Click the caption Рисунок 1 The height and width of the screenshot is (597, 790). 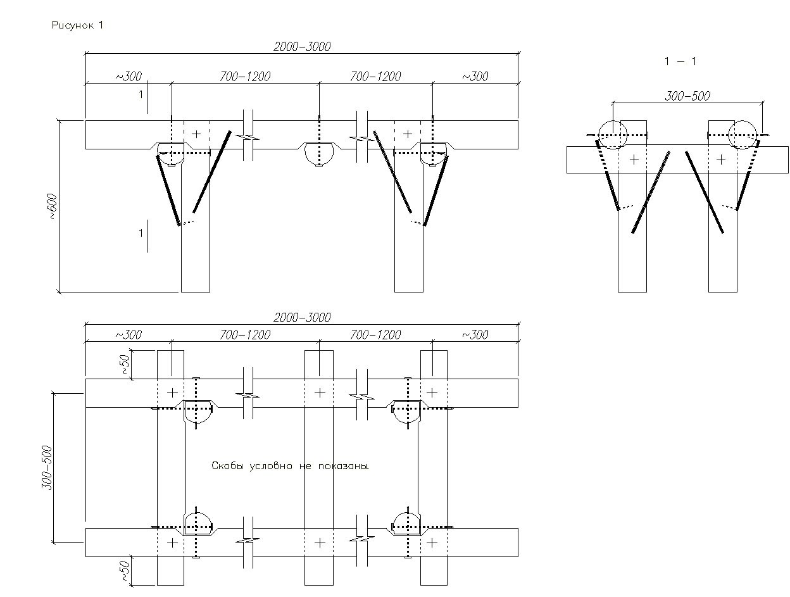point(77,25)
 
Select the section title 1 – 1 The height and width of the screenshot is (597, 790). point(680,61)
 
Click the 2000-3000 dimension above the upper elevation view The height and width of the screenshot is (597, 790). point(302,46)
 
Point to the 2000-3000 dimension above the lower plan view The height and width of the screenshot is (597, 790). point(302,317)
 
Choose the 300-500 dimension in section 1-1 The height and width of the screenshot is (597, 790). point(687,96)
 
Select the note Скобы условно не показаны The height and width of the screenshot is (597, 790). point(289,466)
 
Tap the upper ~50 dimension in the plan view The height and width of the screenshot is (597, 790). point(125,365)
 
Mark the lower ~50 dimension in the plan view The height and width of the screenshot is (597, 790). point(125,570)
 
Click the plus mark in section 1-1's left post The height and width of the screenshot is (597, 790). point(634,160)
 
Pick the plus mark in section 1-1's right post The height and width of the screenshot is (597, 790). point(720,160)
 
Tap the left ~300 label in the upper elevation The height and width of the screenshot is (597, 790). point(128,77)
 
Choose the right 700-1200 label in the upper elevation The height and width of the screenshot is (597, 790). point(375,77)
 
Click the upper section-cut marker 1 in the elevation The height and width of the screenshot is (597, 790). point(141,95)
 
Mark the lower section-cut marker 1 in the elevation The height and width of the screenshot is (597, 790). point(141,234)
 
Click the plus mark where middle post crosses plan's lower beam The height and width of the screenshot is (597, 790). point(320,543)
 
